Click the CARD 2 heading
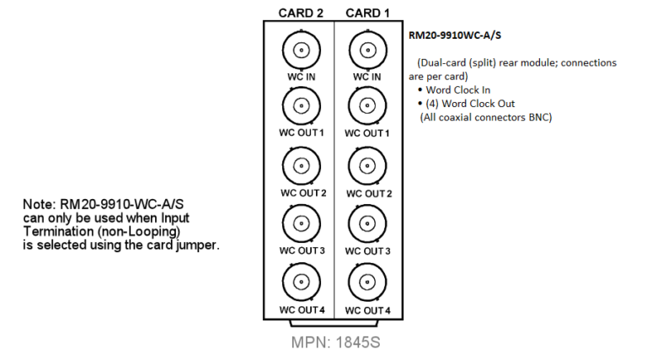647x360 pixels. point(301,13)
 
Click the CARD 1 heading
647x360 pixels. point(367,13)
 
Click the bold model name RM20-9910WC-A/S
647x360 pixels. point(455,35)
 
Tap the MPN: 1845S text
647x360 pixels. point(335,342)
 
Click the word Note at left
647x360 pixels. point(40,204)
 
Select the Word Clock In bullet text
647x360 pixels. point(458,90)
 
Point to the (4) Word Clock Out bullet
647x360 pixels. point(470,104)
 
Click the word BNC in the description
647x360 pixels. point(540,117)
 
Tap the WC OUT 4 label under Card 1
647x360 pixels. point(367,310)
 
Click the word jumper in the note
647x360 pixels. point(198,245)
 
